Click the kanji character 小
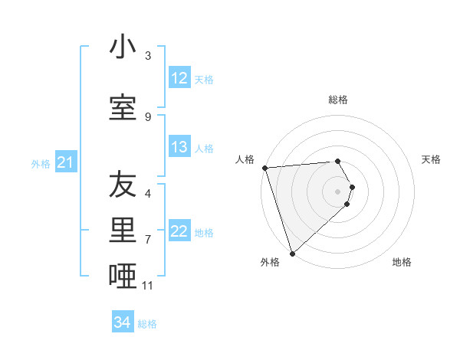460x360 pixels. click(x=123, y=47)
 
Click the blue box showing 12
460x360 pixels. click(x=179, y=78)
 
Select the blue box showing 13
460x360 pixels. click(x=179, y=147)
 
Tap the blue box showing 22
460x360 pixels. click(x=179, y=231)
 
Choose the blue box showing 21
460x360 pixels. click(x=65, y=162)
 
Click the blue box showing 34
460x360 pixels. click(x=122, y=322)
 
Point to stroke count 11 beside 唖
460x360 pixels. click(x=148, y=286)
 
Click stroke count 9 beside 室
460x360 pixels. click(x=148, y=116)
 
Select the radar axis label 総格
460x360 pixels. click(x=338, y=100)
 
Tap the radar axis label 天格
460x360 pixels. click(x=432, y=159)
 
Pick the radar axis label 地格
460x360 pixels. click(x=402, y=262)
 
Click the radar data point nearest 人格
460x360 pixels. click(x=264, y=168)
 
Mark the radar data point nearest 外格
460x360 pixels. click(x=292, y=253)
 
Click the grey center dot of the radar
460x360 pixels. click(x=338, y=191)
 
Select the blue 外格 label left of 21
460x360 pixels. click(x=40, y=163)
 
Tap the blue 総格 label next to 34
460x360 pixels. click(x=147, y=324)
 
